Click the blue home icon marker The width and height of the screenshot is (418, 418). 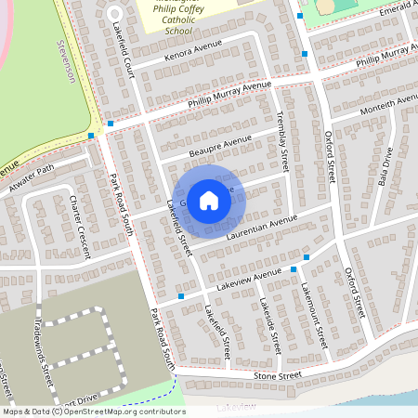click(x=209, y=200)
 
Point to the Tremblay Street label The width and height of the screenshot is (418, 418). click(x=283, y=139)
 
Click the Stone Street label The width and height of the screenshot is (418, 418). click(x=278, y=375)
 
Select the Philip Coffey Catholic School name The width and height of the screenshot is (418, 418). click(x=178, y=17)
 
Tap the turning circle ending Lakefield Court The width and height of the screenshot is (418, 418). click(x=114, y=13)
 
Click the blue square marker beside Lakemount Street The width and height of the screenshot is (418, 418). click(x=294, y=269)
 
